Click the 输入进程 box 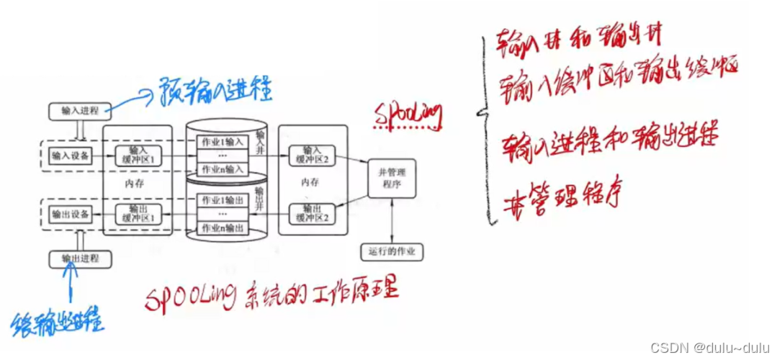[x=79, y=112]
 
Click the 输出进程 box [x=79, y=258]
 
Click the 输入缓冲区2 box [x=310, y=155]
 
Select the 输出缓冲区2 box [x=310, y=214]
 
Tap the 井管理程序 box [x=392, y=178]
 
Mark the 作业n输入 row [x=222, y=170]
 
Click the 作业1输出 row [x=222, y=199]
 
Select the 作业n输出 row [x=222, y=229]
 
